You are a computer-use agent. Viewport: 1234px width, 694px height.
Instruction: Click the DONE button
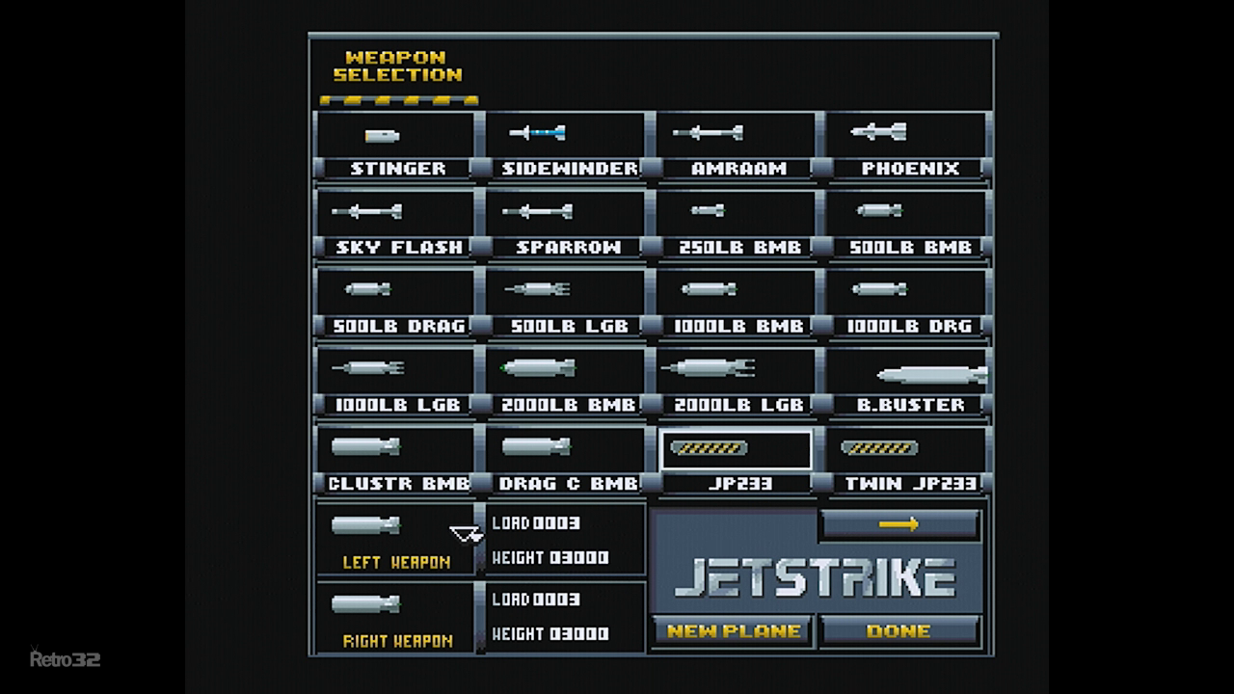pyautogui.click(x=899, y=630)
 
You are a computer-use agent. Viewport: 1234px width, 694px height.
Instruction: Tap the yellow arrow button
pyautogui.click(x=899, y=523)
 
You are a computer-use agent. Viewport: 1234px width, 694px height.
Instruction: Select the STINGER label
pyautogui.click(x=398, y=169)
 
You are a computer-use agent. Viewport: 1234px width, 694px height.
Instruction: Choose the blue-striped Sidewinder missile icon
pyautogui.click(x=537, y=133)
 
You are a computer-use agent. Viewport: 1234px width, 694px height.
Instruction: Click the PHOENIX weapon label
pyautogui.click(x=910, y=169)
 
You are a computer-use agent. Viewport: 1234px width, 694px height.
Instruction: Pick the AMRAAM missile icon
pyautogui.click(x=708, y=133)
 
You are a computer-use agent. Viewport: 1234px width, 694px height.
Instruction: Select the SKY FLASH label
pyautogui.click(x=399, y=248)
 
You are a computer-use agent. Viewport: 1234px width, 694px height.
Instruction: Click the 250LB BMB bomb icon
pyautogui.click(x=708, y=210)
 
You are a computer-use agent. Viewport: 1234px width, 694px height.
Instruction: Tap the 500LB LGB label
pyautogui.click(x=570, y=326)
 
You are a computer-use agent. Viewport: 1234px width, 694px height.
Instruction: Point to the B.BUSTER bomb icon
pyautogui.click(x=932, y=375)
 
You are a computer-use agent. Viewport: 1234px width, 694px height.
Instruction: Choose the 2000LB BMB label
pyautogui.click(x=569, y=405)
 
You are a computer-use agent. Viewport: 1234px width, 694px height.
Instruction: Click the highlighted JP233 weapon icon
pyautogui.click(x=709, y=448)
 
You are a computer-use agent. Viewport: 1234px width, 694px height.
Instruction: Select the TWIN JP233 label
pyautogui.click(x=911, y=484)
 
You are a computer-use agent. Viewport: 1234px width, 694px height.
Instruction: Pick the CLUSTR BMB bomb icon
pyautogui.click(x=365, y=446)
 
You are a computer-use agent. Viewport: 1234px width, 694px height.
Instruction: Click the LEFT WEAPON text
pyautogui.click(x=396, y=562)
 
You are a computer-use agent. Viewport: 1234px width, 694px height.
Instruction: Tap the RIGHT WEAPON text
pyautogui.click(x=398, y=641)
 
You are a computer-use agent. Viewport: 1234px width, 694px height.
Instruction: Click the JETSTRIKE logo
pyautogui.click(x=816, y=577)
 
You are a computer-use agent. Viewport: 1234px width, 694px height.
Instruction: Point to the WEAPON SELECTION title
pyautogui.click(x=398, y=67)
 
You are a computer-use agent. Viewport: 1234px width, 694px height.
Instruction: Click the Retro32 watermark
pyautogui.click(x=65, y=658)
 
